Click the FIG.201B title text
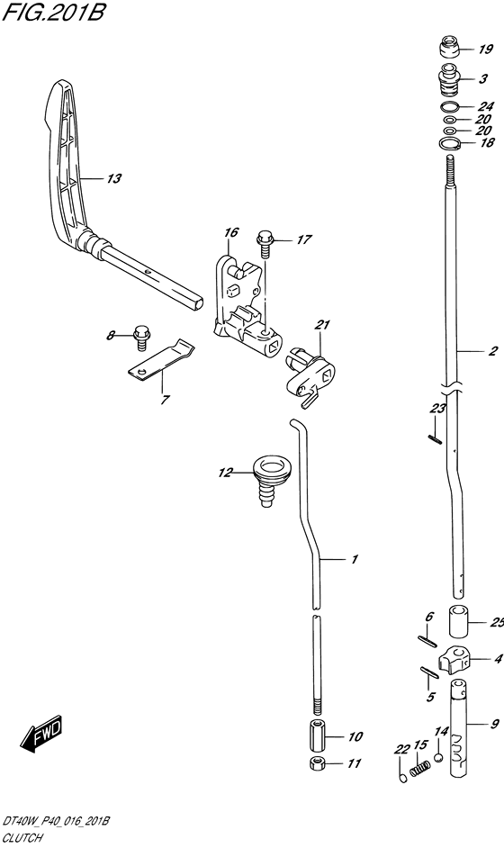coord(52,12)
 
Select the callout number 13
coord(113,178)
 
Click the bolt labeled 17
coord(265,245)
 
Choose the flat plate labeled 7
coord(162,360)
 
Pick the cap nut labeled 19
coord(449,47)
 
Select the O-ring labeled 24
coord(449,106)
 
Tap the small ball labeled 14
coord(438,756)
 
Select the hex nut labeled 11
coord(319,763)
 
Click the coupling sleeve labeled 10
coord(318,735)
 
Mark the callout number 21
coord(322,324)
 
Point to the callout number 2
coord(492,351)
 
